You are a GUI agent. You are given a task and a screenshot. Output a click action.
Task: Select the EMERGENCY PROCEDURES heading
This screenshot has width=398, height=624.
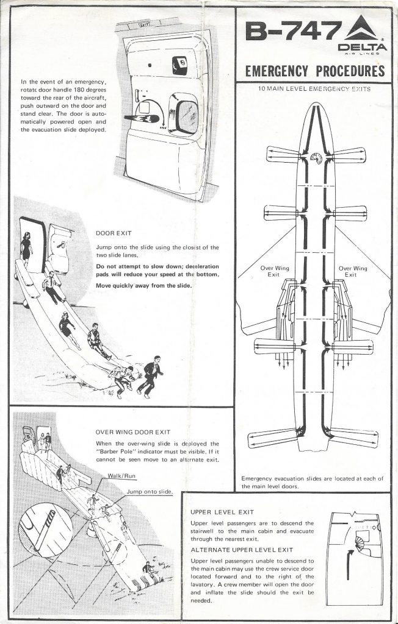point(314,71)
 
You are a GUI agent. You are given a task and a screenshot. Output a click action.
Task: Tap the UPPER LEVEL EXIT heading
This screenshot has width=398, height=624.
point(222,512)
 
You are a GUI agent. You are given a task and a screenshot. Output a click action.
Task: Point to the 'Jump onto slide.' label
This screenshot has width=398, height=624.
point(150,491)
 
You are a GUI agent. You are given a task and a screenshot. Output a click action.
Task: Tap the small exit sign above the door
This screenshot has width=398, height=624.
point(144,25)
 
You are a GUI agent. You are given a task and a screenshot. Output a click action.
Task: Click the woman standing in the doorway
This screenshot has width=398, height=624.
point(27,248)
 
